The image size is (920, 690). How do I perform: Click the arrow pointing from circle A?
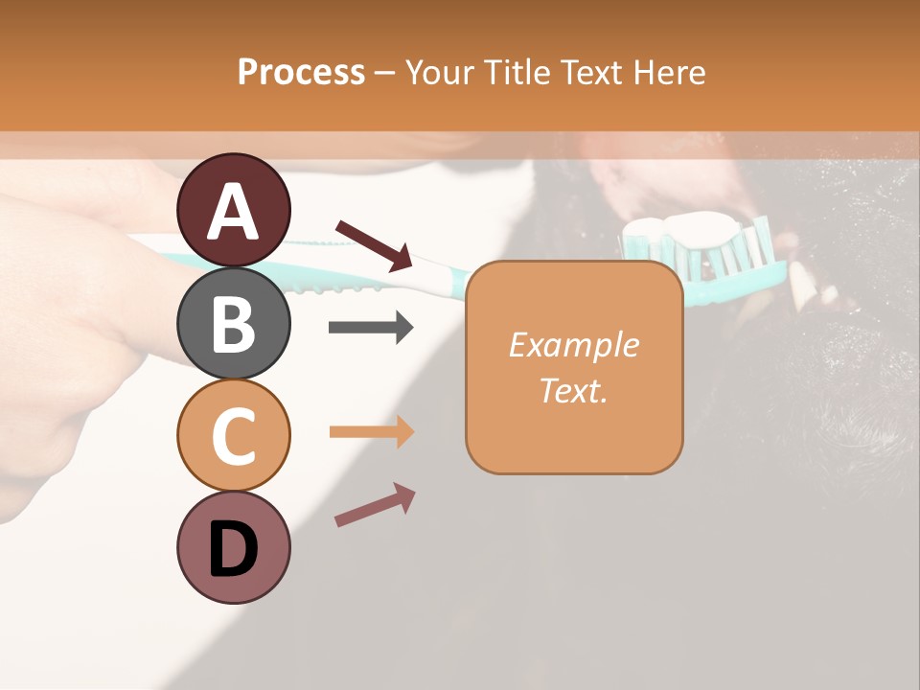(375, 245)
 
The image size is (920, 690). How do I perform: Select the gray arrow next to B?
(371, 328)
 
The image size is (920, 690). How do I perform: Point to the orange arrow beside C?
(372, 432)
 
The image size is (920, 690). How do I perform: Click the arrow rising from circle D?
(375, 505)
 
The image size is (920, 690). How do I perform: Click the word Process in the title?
(301, 72)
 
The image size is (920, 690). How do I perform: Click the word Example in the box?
(573, 345)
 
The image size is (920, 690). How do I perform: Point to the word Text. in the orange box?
(573, 391)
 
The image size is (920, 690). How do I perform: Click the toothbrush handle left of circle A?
(153, 258)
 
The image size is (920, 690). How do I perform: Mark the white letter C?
(234, 437)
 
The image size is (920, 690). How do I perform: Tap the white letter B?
(234, 324)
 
